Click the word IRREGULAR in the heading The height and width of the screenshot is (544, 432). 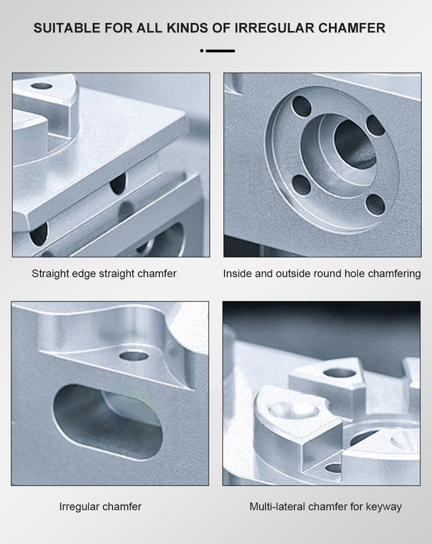click(x=274, y=28)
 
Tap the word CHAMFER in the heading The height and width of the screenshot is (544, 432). click(x=351, y=28)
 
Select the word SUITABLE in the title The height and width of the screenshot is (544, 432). click(x=67, y=28)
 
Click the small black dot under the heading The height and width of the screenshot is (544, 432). click(x=202, y=51)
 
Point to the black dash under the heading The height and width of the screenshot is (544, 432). click(x=220, y=51)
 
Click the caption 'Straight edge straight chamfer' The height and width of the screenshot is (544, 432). click(x=104, y=274)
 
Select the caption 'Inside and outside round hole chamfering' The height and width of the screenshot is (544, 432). click(x=322, y=274)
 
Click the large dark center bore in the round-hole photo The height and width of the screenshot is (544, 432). click(x=355, y=144)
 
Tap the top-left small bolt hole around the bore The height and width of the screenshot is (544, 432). click(x=301, y=106)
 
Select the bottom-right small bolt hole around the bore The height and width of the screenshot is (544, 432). click(x=375, y=205)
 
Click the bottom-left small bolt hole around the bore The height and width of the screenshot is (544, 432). click(x=301, y=185)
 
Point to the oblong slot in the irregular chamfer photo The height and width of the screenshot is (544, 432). click(x=108, y=423)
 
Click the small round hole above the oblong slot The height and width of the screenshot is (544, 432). click(x=134, y=356)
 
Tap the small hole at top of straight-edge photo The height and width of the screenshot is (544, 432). click(x=41, y=86)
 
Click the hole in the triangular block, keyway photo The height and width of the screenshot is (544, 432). click(x=338, y=373)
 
